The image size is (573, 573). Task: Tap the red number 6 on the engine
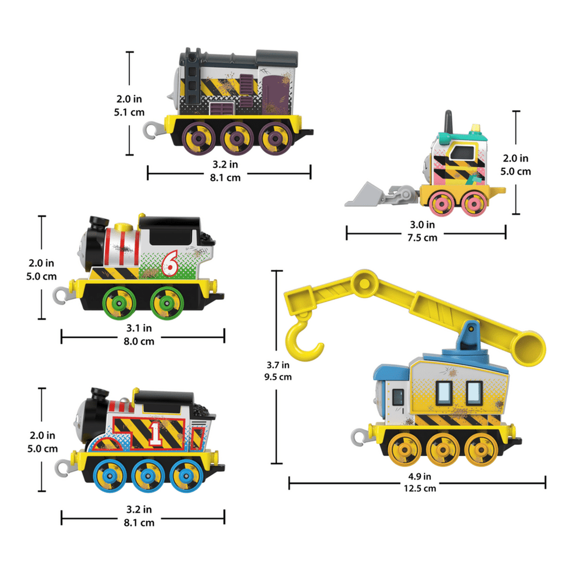point(170,263)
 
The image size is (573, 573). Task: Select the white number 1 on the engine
point(156,434)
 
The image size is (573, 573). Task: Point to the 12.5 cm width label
point(420,488)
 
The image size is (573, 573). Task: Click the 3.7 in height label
point(278,365)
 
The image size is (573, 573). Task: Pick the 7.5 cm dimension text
point(422,237)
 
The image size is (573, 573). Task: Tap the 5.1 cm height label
point(129,112)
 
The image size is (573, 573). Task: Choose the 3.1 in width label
point(139,328)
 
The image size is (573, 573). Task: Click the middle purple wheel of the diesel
point(237,138)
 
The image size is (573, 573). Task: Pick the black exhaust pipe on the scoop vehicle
point(448,122)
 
